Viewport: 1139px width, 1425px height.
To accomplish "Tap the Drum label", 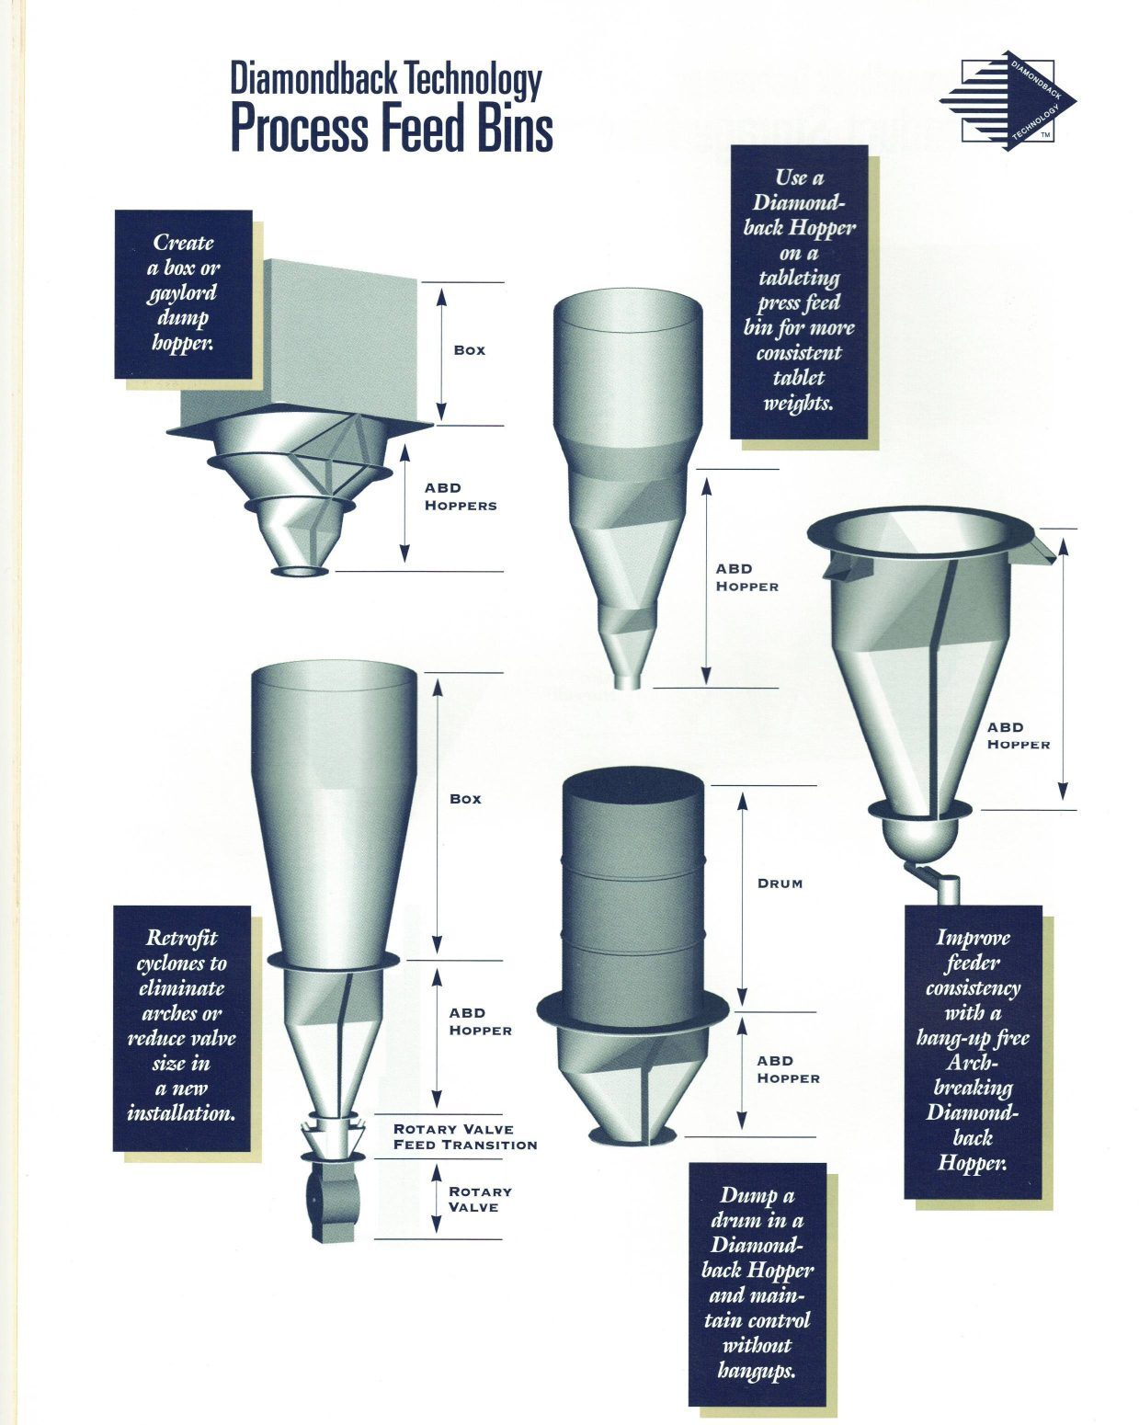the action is pos(780,883).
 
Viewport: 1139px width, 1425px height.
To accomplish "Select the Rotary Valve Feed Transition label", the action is pos(465,1137).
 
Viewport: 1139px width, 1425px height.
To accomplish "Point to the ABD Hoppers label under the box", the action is pos(461,496).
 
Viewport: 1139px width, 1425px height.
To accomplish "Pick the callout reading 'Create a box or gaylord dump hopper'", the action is pos(184,295).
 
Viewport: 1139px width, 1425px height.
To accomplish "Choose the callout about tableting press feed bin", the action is pos(799,291).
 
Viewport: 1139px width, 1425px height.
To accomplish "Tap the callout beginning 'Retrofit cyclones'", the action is pos(181,1029).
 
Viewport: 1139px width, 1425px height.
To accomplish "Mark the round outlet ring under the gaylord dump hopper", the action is pos(300,571).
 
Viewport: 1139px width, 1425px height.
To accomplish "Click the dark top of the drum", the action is pos(633,785).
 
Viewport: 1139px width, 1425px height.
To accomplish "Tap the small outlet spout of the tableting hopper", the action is pos(627,679).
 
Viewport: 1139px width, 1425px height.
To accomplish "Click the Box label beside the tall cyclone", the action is pos(465,799).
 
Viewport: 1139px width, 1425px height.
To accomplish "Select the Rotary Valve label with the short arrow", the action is pos(480,1199).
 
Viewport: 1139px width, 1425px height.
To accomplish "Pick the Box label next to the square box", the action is pos(469,350).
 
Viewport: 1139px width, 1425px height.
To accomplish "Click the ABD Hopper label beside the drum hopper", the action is pos(788,1069).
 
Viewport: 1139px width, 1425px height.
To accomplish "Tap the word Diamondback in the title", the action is pos(313,79).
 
